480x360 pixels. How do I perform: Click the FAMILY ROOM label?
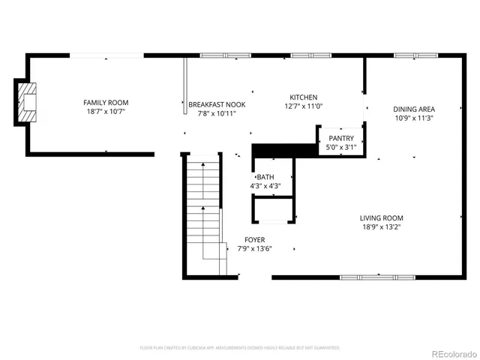click(106, 103)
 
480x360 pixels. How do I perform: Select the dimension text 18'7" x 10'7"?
click(106, 113)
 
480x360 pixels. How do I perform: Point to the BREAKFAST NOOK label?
click(217, 104)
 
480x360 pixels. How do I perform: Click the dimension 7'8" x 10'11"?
click(217, 114)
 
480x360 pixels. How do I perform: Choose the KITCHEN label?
click(304, 97)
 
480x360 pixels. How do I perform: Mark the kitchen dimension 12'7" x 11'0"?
click(304, 107)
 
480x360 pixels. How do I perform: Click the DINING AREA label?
click(415, 109)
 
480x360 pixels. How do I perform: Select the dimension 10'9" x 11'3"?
click(415, 118)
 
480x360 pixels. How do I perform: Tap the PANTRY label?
click(341, 138)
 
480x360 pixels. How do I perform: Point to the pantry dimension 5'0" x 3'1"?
click(341, 148)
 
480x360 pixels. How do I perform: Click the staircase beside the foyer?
click(203, 217)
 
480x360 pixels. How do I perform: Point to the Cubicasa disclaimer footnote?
click(240, 348)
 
